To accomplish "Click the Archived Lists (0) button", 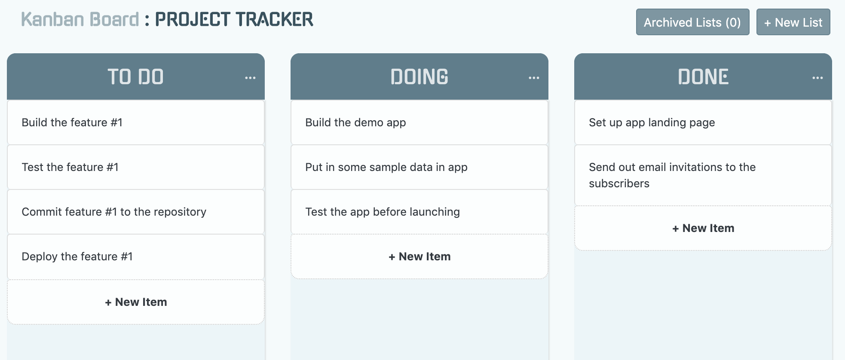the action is pos(692,22).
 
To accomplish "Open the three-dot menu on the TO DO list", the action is pos(250,78).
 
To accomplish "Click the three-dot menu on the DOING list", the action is pos(534,78).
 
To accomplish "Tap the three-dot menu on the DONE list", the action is pos(817,78).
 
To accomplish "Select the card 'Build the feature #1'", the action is pos(135,122).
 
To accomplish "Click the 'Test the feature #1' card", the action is pos(135,167).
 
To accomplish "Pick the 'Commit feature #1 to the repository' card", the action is pos(135,212).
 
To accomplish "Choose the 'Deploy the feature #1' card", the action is pos(135,256).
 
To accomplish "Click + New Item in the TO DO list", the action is pos(135,302).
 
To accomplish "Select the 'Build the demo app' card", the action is pos(419,122).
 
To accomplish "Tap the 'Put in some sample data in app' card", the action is pos(419,167).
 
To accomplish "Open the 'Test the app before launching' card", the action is pos(419,212).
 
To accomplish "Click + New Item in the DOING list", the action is pos(419,256).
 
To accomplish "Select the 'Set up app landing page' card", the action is pos(703,122).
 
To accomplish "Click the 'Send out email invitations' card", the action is pos(703,175).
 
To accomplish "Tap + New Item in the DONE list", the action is pos(703,228).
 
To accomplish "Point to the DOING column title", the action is pos(419,77).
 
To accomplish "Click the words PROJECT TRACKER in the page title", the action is pos(234,19).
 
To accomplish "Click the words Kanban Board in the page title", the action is pos(80,19).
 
